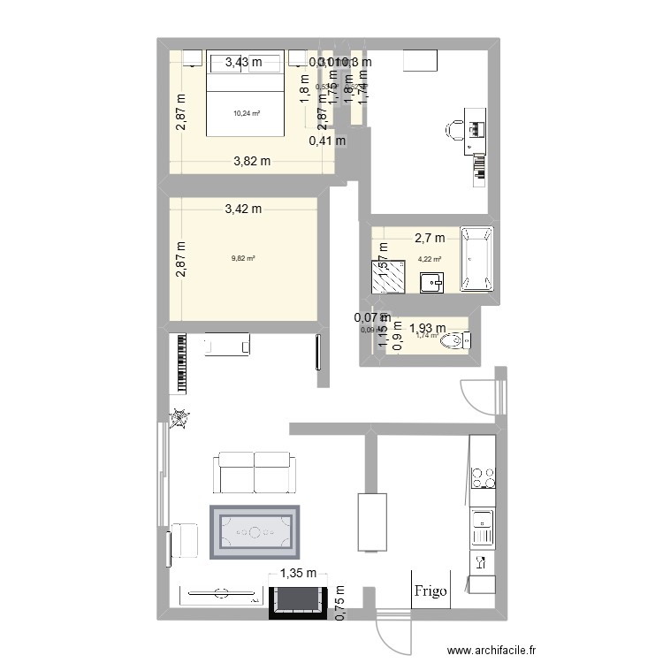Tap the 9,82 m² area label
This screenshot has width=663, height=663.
tap(243, 259)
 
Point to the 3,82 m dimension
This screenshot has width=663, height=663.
tap(252, 161)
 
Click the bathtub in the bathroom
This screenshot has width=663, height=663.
tap(477, 258)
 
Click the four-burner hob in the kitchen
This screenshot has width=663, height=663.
tap(483, 477)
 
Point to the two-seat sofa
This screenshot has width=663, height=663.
tap(253, 472)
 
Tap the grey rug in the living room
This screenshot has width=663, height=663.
tap(255, 532)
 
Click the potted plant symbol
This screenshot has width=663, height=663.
tap(180, 418)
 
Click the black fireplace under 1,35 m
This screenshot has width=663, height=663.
tap(297, 599)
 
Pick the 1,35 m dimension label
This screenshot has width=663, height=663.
tap(296, 574)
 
